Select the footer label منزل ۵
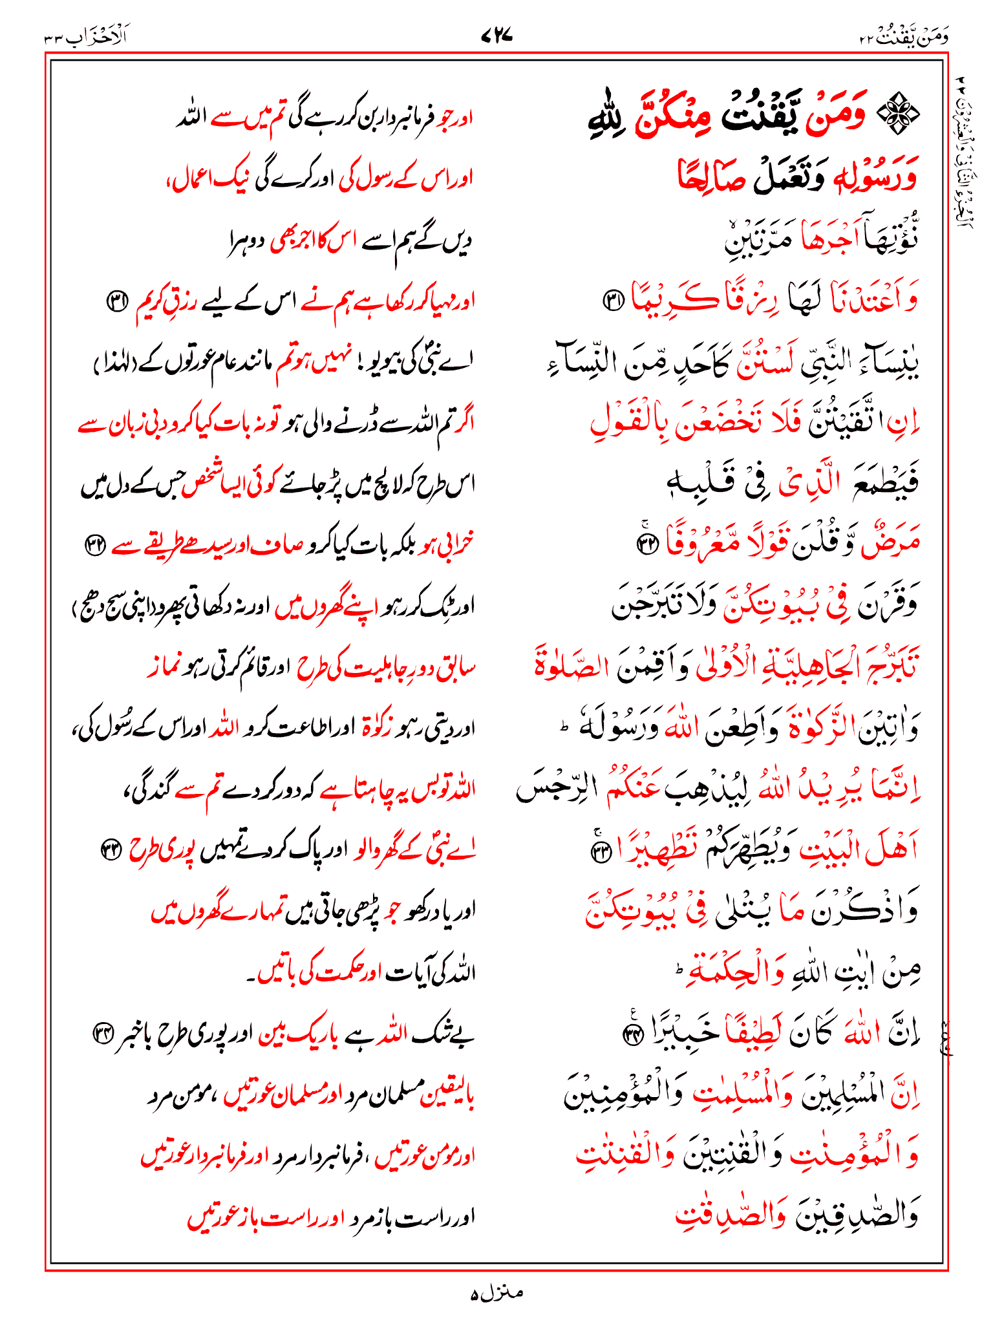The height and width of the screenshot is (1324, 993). pyautogui.click(x=496, y=1293)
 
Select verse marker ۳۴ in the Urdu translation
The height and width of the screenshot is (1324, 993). pyautogui.click(x=103, y=1032)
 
